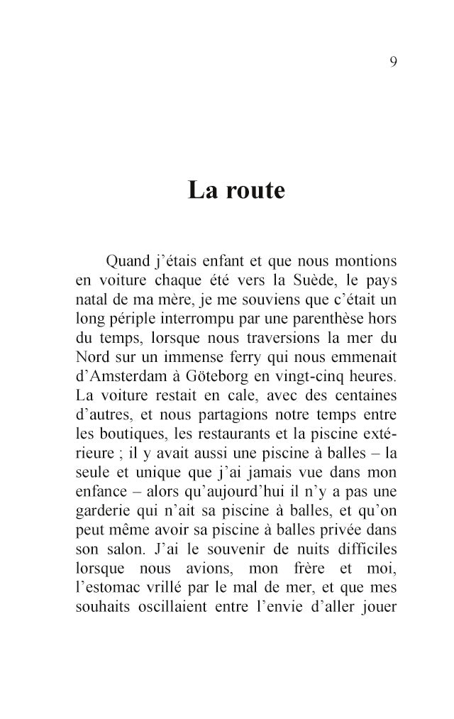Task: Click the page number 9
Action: click(x=393, y=62)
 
